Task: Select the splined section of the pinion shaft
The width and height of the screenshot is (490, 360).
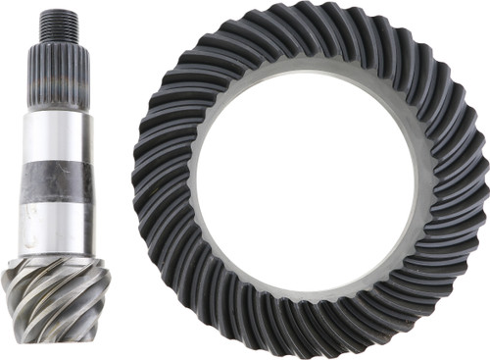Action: (62, 74)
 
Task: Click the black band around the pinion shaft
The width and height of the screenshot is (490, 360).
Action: (62, 180)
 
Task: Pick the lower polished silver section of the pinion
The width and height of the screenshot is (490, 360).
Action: (62, 223)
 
